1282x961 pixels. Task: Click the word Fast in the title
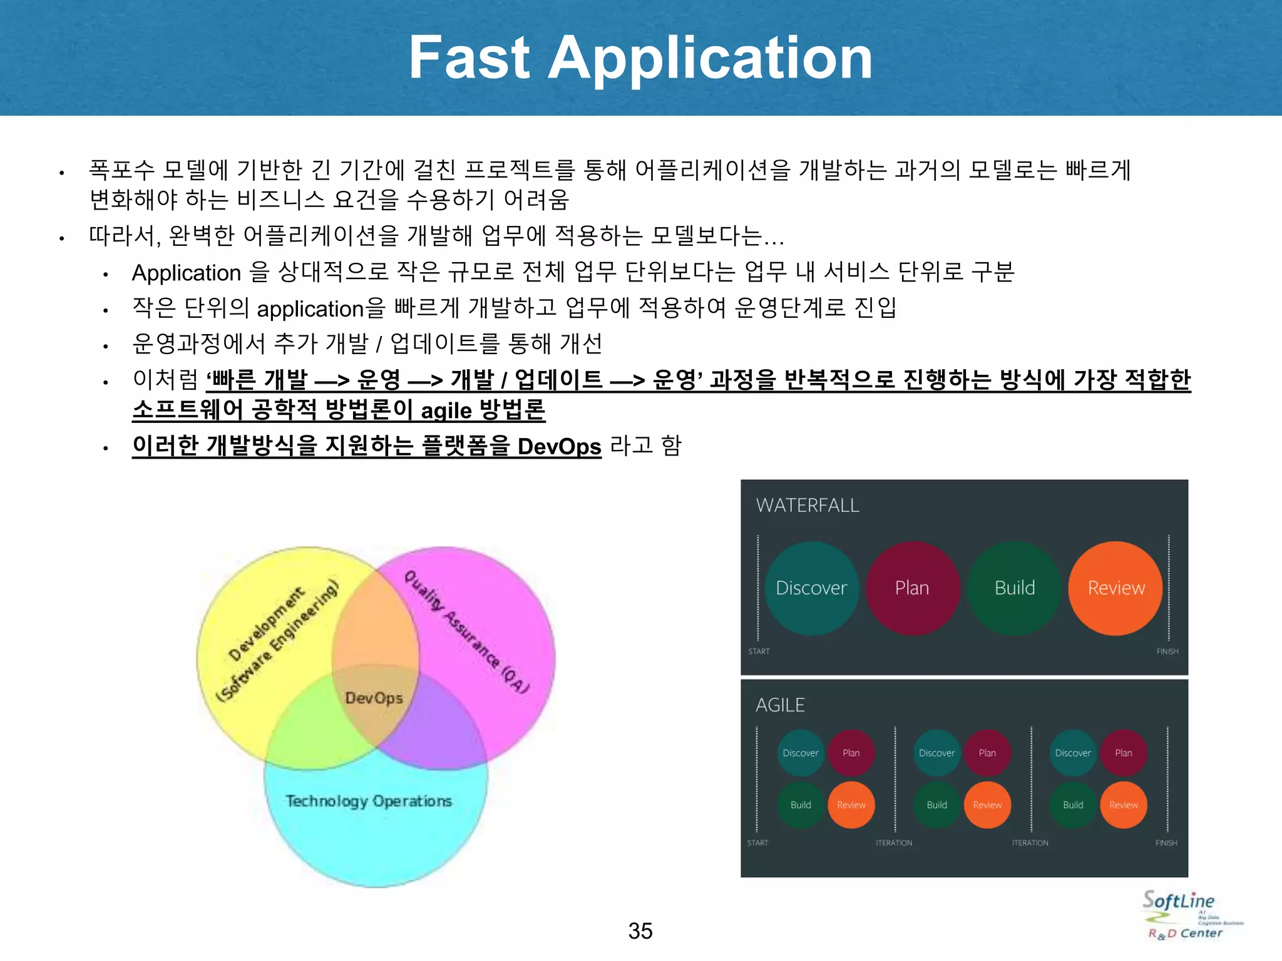tap(469, 58)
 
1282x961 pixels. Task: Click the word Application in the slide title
tap(710, 58)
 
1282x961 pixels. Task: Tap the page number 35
tap(640, 931)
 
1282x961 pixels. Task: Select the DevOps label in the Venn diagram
tap(374, 698)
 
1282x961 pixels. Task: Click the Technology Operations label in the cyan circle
tap(369, 801)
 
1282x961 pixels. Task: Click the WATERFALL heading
tap(808, 506)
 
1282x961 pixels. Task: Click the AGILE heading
tap(780, 705)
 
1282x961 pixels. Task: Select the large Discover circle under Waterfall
tap(811, 588)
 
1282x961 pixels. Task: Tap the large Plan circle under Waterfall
tap(912, 588)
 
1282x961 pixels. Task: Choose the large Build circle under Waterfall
tap(1015, 588)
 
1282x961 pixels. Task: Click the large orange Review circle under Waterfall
tap(1115, 588)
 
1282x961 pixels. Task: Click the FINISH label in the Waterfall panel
tap(1167, 651)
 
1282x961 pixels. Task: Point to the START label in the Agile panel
tap(757, 843)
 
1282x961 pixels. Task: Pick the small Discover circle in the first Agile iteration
tap(801, 753)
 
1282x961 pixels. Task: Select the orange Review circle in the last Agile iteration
tap(1124, 805)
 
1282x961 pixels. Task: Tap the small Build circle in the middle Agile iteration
tap(936, 805)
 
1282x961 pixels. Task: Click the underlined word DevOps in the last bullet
tap(559, 447)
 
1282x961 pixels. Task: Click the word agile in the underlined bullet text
tap(446, 411)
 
